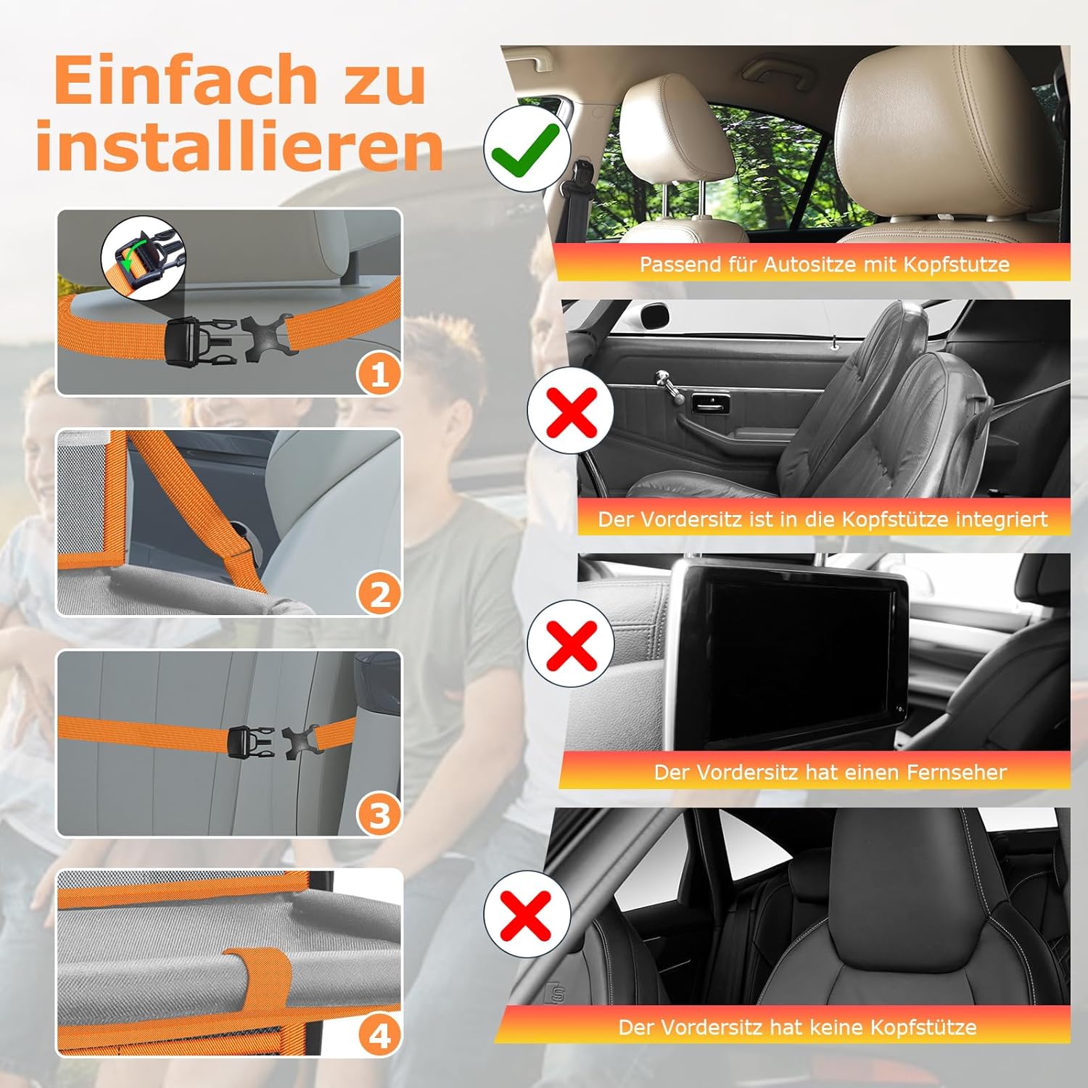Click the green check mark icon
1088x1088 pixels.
coord(525,149)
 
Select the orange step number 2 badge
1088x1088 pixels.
coord(379,595)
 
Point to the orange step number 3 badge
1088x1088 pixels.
coord(379,815)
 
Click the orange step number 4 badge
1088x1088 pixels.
coord(379,1036)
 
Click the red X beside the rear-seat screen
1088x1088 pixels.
coord(572,643)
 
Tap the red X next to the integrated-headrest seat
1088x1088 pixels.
coord(572,411)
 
